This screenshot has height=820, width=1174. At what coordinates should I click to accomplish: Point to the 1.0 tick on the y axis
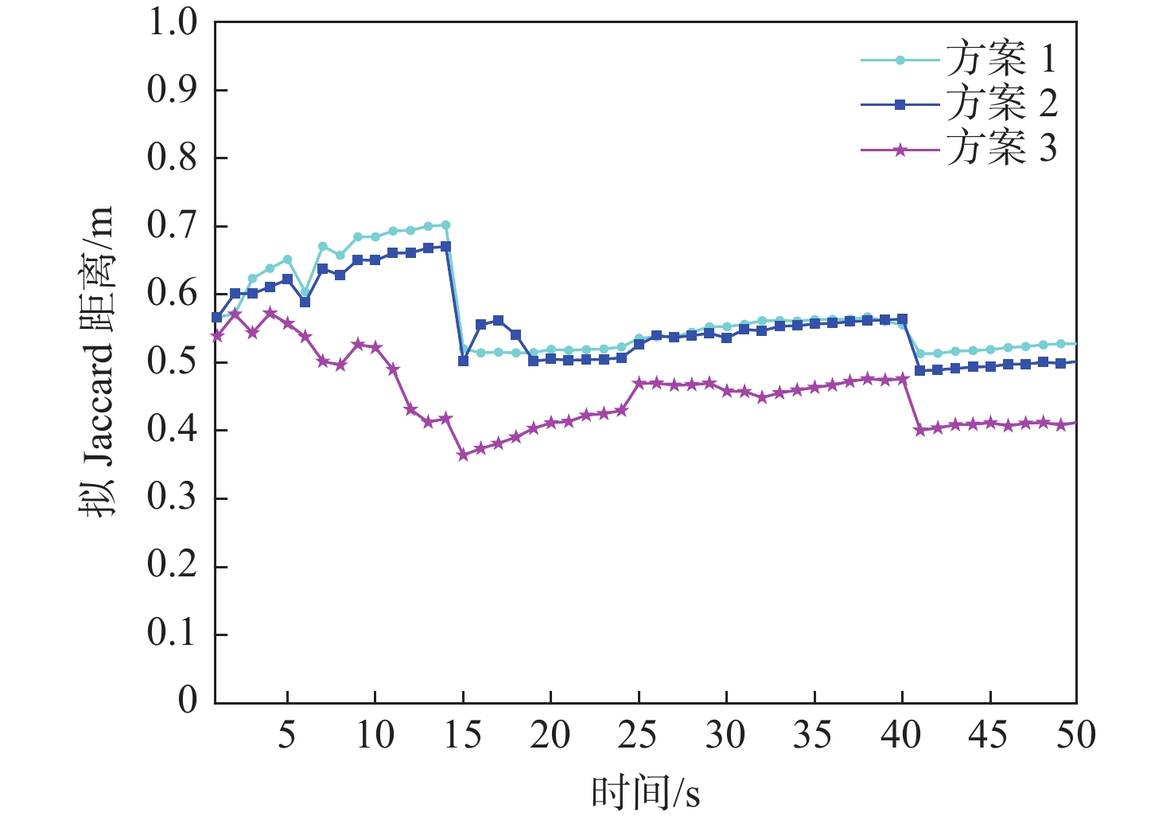coord(172,22)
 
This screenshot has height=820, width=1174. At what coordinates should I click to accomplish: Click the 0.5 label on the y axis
coord(172,362)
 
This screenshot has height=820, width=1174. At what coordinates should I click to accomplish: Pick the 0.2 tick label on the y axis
coord(172,566)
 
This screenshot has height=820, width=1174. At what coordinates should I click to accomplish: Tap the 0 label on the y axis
coord(188,701)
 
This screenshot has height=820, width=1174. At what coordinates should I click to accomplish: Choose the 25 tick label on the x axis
coord(638,735)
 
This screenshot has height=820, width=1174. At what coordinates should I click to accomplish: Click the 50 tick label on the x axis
coord(1075,735)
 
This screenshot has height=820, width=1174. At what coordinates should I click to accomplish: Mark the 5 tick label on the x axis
coord(286,735)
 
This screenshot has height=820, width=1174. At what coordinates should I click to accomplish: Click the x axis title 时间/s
coord(645,792)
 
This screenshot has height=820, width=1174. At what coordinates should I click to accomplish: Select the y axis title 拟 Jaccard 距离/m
coord(96,362)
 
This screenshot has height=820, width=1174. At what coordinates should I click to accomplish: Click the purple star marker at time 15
coord(463,455)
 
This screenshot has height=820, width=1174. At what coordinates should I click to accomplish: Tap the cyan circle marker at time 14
coord(445,225)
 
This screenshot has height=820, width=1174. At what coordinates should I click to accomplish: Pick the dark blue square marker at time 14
coord(445,247)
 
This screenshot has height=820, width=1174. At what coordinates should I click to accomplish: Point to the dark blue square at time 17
coord(498,320)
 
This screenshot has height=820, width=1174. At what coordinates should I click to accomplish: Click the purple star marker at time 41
coord(919,430)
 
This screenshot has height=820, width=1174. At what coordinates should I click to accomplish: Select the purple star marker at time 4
coord(270,313)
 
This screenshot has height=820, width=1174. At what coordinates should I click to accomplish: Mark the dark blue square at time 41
coord(919,370)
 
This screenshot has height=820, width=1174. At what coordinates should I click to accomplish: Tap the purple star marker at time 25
coord(639,383)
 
